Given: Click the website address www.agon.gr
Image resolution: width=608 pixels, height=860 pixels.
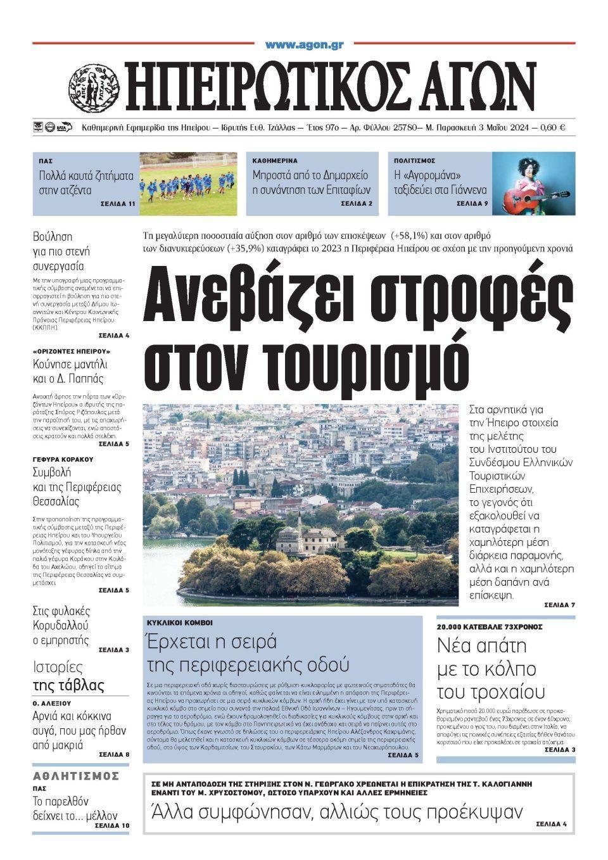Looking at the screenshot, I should [304, 45].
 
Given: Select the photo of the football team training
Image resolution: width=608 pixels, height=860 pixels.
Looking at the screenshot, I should [187, 183].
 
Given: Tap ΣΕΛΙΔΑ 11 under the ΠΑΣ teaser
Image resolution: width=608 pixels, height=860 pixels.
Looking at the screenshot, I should [118, 205].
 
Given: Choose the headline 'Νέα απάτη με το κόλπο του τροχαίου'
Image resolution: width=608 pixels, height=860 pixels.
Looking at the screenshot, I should [491, 668].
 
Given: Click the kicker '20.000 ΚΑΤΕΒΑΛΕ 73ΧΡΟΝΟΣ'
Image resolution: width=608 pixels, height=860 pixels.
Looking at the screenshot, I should [490, 627].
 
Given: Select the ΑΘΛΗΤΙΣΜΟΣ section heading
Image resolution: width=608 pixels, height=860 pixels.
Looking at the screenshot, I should [76, 776].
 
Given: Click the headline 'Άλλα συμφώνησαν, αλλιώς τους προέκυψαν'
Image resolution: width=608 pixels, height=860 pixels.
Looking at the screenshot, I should [336, 812].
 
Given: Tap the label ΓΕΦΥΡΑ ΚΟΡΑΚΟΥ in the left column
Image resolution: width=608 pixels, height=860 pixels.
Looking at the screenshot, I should [63, 458].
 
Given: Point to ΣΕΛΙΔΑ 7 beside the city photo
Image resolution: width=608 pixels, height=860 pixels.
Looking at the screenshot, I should [559, 605].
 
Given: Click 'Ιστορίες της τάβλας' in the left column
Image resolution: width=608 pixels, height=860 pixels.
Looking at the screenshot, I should [68, 676].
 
